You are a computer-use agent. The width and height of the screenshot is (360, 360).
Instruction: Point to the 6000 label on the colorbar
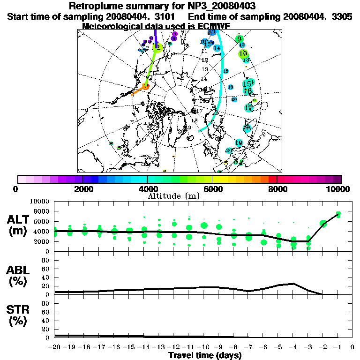212,189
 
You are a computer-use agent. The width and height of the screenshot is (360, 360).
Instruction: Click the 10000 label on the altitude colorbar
338,189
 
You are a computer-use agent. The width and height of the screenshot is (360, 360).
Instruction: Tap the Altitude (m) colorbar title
167,196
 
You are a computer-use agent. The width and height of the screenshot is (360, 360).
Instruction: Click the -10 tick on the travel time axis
204,347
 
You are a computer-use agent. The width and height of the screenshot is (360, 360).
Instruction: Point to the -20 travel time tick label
55,347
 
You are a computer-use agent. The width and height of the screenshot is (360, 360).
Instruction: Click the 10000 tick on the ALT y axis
40,201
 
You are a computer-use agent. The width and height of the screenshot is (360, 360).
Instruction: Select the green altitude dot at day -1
338,215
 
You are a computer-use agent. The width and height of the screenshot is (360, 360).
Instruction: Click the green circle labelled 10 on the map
243,54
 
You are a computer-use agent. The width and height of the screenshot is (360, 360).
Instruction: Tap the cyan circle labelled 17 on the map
249,108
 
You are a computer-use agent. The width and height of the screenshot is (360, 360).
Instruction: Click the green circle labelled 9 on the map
240,39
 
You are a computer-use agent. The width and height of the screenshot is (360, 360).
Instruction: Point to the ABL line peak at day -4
293,284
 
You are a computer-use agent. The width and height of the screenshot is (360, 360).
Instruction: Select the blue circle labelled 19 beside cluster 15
231,87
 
